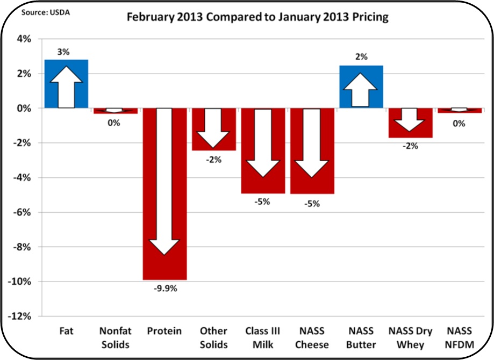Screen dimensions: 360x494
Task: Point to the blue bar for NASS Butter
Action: click(x=361, y=87)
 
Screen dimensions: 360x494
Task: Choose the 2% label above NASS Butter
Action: click(x=361, y=57)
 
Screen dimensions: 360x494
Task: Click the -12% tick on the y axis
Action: click(x=22, y=316)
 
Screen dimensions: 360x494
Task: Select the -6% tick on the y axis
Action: click(x=24, y=212)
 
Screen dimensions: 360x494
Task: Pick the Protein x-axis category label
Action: click(x=164, y=331)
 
